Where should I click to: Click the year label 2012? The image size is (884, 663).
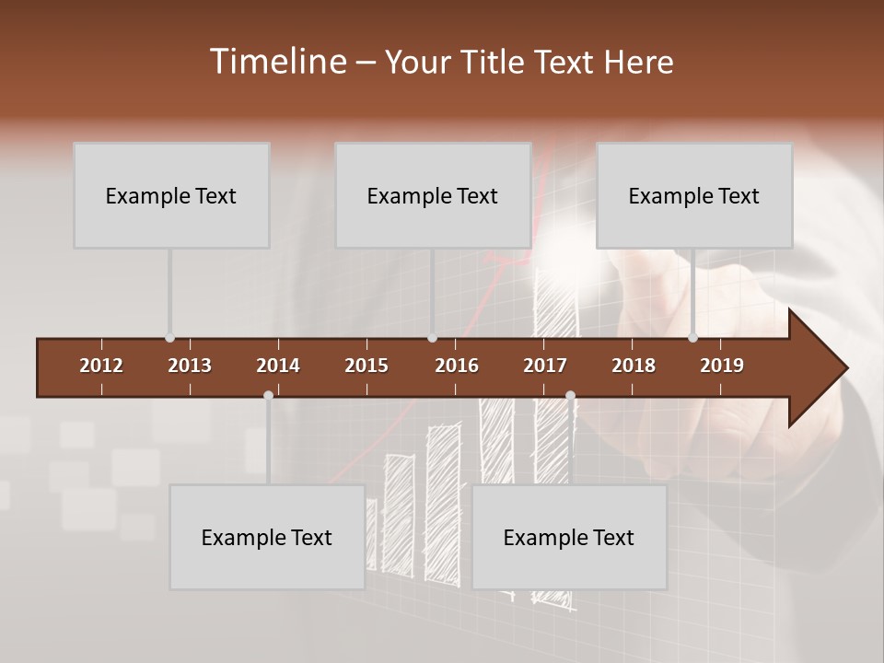pos(101,366)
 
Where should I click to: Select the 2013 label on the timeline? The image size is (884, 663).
pos(190,366)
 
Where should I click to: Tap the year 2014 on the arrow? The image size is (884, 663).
pos(278,366)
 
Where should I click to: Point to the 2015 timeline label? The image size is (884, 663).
pos(366,366)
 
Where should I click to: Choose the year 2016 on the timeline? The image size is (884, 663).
pos(457,366)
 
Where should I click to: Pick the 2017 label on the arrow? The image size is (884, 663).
pos(545,366)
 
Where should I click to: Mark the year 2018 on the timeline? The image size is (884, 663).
pos(634,366)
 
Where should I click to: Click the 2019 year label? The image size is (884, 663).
pos(722,366)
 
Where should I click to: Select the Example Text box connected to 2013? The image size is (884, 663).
pos(171,195)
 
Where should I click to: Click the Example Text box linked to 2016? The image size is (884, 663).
pos(433,195)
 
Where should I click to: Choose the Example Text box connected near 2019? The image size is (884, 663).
pos(694,195)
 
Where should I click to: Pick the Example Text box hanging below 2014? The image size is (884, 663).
pos(267,537)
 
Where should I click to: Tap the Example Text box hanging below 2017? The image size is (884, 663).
pos(569,537)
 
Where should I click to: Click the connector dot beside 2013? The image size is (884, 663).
pos(169,338)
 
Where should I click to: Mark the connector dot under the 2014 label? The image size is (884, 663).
pos(268,395)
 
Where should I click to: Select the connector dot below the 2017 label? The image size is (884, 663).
pos(570,395)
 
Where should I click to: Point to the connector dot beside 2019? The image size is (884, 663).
pos(692,338)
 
